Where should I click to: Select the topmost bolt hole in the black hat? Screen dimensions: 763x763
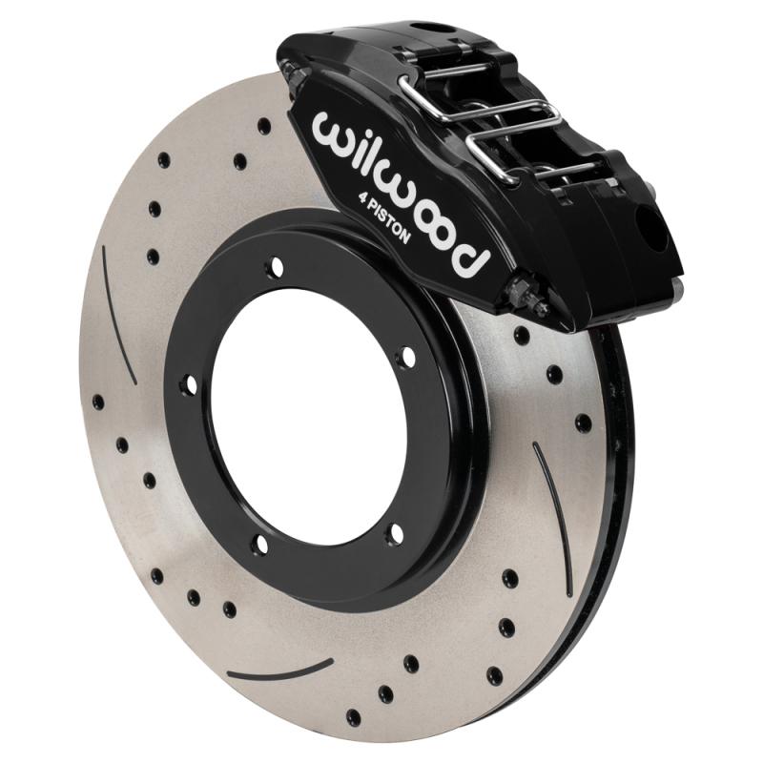[x=276, y=267]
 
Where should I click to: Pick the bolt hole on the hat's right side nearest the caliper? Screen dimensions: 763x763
[x=407, y=358]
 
